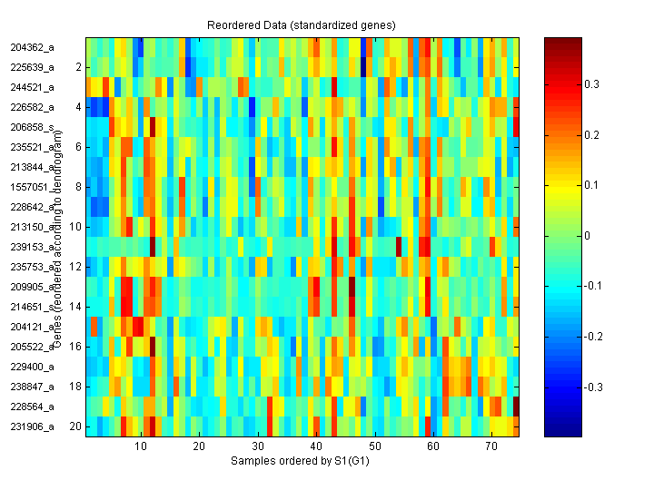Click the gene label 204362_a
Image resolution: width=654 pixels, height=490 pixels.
click(32, 47)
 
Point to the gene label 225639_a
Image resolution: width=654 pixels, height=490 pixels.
click(32, 67)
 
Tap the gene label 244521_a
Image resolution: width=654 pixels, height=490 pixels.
click(32, 87)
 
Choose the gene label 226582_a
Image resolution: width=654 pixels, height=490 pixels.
click(32, 107)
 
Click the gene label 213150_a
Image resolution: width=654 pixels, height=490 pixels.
click(32, 227)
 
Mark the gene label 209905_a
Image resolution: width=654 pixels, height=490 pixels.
click(32, 287)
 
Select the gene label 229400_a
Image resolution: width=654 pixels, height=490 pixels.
click(32, 367)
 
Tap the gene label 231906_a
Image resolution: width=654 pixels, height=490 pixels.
click(32, 426)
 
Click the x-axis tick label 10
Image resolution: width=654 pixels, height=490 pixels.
click(140, 447)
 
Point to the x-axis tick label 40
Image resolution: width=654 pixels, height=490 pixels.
click(315, 447)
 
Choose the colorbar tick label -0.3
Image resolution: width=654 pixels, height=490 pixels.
click(594, 387)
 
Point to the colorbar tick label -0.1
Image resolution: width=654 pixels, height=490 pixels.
click(594, 287)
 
